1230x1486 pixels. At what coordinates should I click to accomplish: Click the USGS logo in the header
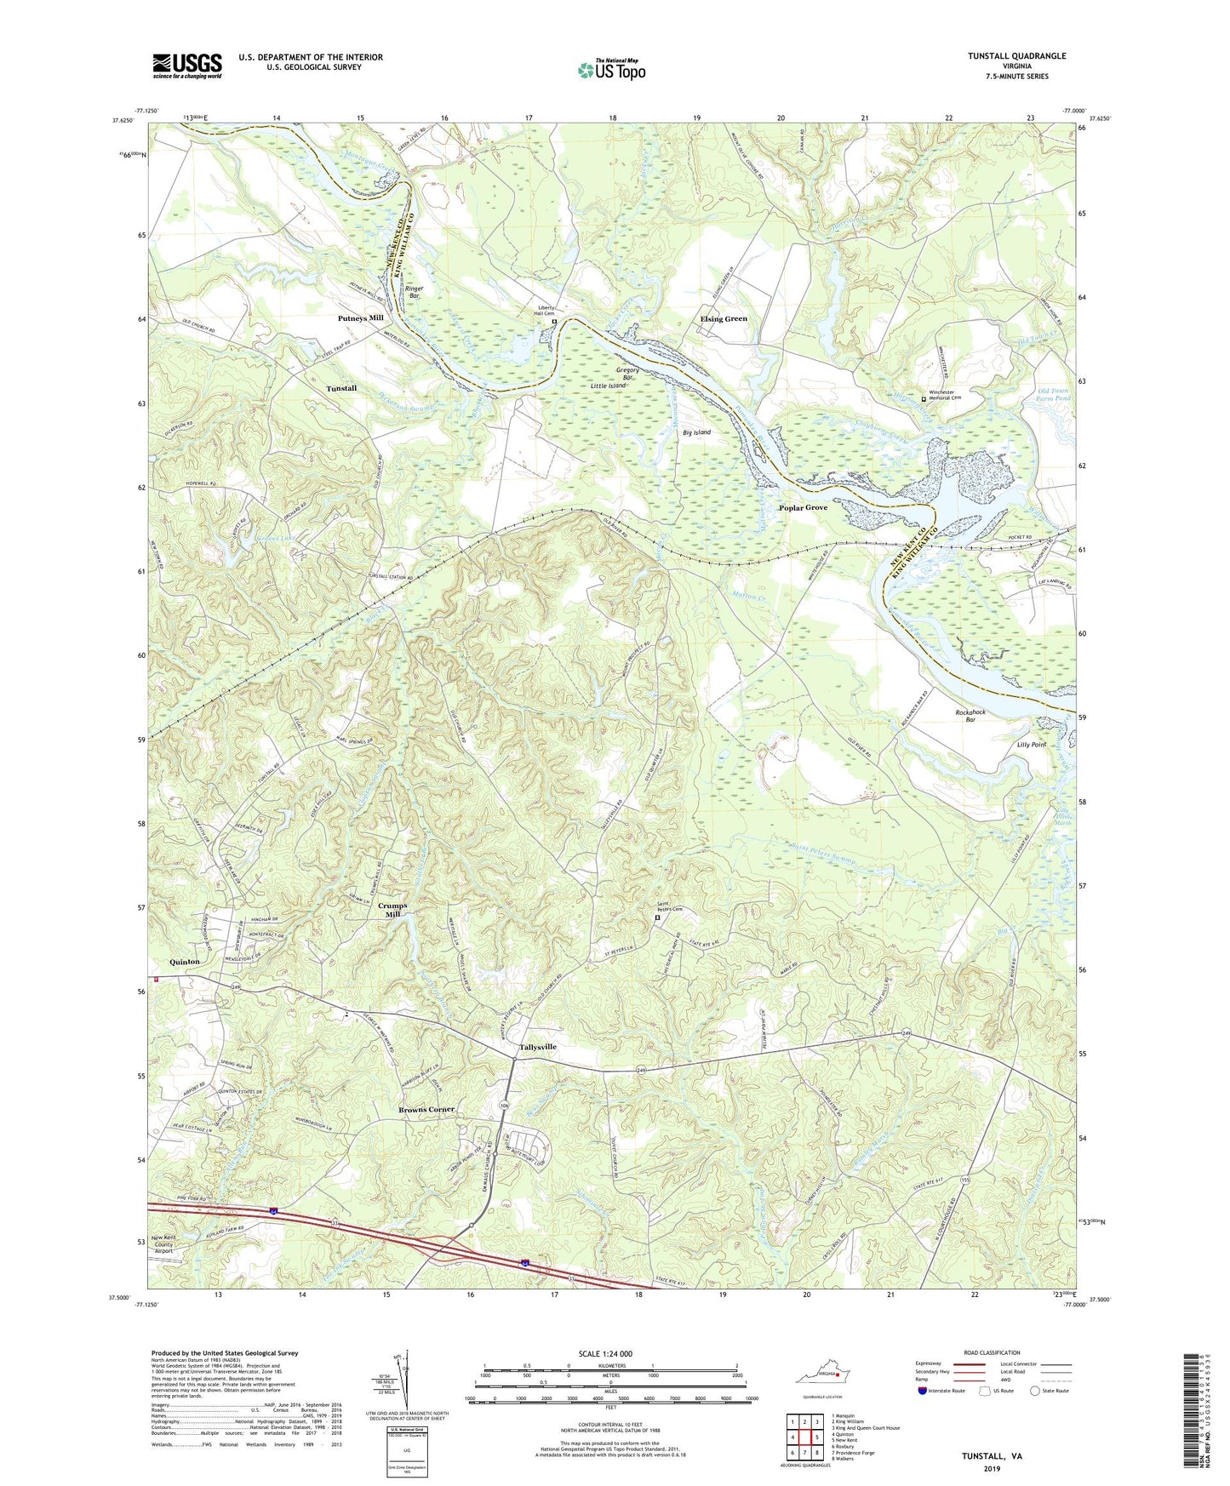coord(187,66)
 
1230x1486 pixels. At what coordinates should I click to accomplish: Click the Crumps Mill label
coord(392,911)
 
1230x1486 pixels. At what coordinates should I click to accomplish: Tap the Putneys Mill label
coord(355,318)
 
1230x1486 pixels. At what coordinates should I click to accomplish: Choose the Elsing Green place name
coord(724,318)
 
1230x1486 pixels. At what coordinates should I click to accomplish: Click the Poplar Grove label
coord(803,507)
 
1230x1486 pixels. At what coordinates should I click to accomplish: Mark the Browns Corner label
coord(426,1110)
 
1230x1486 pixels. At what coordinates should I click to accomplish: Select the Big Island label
coord(696,432)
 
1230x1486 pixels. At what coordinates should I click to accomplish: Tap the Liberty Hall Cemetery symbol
coord(554,323)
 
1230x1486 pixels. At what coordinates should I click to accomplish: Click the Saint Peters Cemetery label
coord(669,907)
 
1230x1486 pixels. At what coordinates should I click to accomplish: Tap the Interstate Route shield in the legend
coord(924,1391)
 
